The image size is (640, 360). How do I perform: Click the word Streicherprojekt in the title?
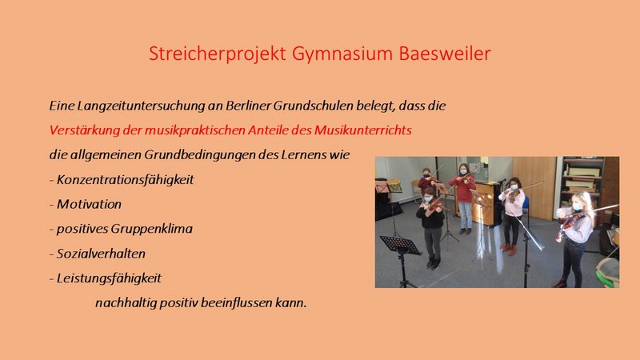point(217,54)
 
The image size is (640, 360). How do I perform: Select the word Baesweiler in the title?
point(445,53)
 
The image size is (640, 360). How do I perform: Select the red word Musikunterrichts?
point(363,130)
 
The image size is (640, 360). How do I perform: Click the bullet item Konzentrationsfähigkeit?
point(126,179)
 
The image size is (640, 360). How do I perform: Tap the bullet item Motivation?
point(89,204)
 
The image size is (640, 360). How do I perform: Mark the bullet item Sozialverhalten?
point(101,254)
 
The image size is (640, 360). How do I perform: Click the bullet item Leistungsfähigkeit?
point(109,278)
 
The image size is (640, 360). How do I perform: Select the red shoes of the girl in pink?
point(509,248)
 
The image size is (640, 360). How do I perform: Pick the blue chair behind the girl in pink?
point(526,206)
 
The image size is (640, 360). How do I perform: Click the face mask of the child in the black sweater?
point(428,199)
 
